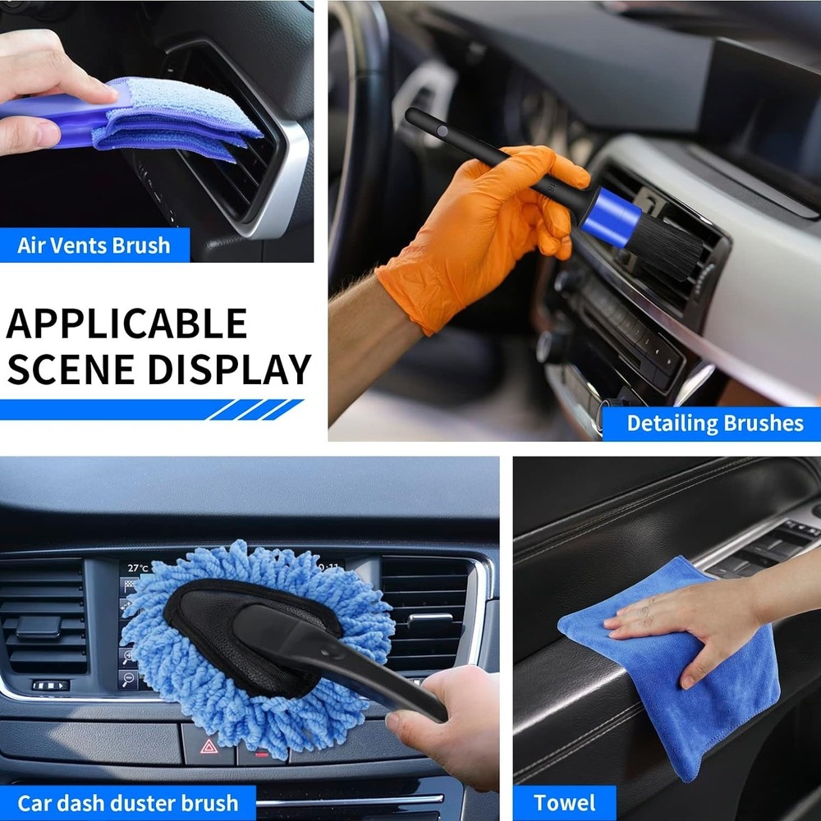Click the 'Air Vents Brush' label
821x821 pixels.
pyautogui.click(x=94, y=245)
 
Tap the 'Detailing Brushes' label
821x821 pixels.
pyautogui.click(x=714, y=424)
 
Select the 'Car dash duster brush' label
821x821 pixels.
pyautogui.click(x=128, y=802)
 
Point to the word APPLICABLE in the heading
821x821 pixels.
pyautogui.click(x=126, y=323)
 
